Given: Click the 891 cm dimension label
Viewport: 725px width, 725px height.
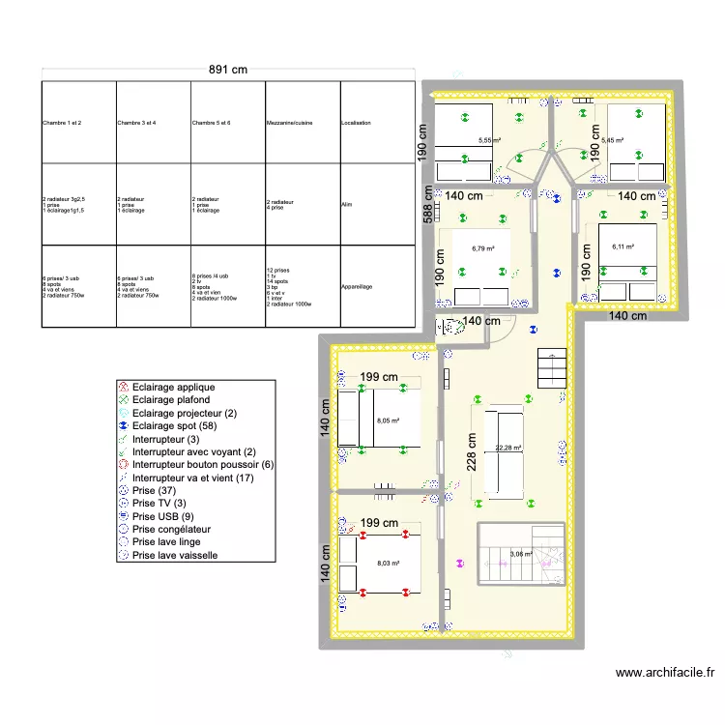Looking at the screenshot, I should pyautogui.click(x=229, y=69).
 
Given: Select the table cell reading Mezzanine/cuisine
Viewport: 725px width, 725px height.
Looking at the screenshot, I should pyautogui.click(x=289, y=124).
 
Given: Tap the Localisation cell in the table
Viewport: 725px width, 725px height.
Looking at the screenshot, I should pyautogui.click(x=356, y=124).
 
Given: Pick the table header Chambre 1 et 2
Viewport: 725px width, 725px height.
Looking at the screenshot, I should pyautogui.click(x=62, y=124).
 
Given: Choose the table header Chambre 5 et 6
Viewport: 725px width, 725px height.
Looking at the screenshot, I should pyautogui.click(x=211, y=124).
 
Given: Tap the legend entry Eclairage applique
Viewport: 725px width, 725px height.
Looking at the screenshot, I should pyautogui.click(x=173, y=387).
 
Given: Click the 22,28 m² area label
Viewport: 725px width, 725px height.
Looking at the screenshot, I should pyautogui.click(x=508, y=448).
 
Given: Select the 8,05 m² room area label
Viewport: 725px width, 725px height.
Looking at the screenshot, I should pyautogui.click(x=388, y=421).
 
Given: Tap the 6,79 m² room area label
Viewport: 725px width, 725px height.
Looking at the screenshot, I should pyautogui.click(x=482, y=248).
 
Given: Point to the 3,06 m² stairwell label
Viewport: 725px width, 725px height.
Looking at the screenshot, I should pyautogui.click(x=521, y=554).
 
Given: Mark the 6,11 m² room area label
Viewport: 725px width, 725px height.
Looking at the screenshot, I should pyautogui.click(x=624, y=246).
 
